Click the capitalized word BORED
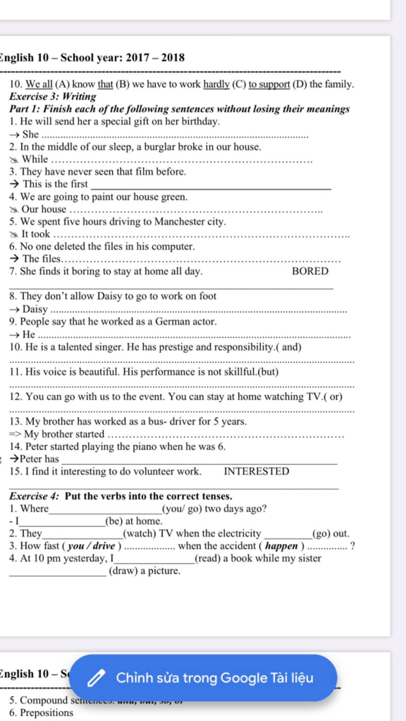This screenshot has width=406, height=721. (310, 271)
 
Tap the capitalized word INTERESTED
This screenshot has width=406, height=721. (257, 471)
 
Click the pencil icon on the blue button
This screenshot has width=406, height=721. (96, 678)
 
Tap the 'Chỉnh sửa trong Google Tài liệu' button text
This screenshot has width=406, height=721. (214, 678)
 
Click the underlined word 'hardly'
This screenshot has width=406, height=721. (216, 84)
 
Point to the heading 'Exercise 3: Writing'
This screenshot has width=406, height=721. (53, 97)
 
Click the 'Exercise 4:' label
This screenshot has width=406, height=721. (34, 496)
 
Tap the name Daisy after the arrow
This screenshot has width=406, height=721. (35, 309)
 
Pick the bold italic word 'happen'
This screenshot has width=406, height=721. (282, 546)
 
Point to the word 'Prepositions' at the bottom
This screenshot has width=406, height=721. (46, 713)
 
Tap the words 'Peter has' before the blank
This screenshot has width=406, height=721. (39, 459)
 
